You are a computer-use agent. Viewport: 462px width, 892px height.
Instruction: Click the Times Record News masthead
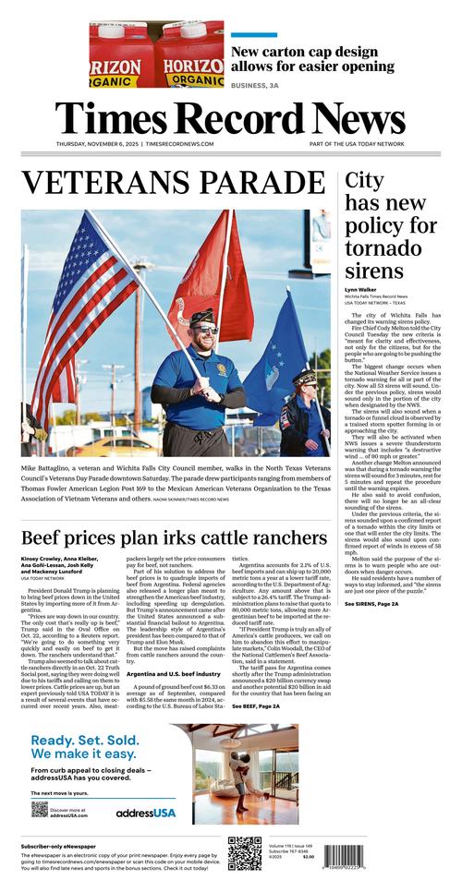(x=230, y=118)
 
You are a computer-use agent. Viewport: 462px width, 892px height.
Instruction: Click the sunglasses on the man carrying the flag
(x=204, y=330)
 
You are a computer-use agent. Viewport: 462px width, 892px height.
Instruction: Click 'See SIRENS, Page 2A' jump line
(x=372, y=604)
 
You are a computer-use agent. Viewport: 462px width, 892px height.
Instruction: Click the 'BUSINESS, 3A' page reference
(x=255, y=85)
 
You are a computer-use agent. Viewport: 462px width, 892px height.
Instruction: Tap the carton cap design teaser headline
(x=312, y=59)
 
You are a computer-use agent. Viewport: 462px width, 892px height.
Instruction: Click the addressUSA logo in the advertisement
(x=145, y=813)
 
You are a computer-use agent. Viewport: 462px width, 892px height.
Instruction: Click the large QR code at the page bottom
(x=245, y=854)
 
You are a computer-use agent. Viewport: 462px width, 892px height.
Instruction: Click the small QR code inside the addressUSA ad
(x=39, y=809)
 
